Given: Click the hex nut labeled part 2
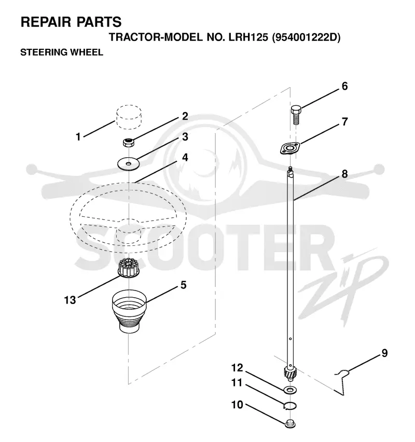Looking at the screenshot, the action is tap(128, 142).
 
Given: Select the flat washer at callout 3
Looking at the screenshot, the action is tap(129, 164).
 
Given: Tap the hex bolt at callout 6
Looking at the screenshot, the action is tap(296, 115).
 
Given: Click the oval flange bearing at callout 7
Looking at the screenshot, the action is tap(290, 148).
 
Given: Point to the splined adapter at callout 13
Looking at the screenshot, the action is tap(129, 268).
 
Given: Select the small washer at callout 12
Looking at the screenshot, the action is tap(290, 390).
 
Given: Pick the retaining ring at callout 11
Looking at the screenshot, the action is tap(290, 406).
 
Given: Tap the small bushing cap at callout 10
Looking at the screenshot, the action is tap(290, 424).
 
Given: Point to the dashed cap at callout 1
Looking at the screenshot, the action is tap(129, 117).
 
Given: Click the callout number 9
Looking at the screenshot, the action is tap(384, 353).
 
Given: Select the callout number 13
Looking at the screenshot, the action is tap(70, 300).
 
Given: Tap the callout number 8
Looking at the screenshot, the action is tap(344, 174).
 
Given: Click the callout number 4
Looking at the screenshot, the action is tap(185, 157).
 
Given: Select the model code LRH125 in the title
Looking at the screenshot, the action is tap(248, 37).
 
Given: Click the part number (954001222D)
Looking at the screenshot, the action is tap(306, 37).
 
